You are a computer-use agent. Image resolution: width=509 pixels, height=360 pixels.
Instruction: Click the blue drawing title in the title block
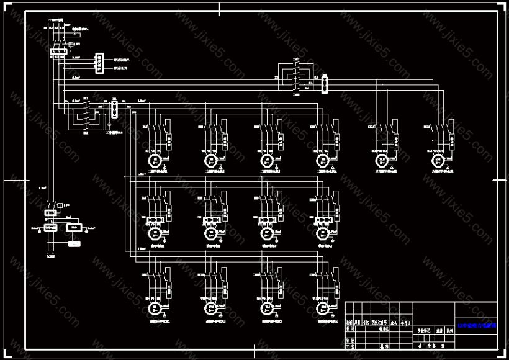pyautogui.click(x=477, y=325)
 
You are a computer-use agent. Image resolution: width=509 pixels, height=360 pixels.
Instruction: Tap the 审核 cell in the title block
pyautogui.click(x=349, y=341)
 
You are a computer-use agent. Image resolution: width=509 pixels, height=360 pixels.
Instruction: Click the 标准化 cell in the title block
pyautogui.click(x=385, y=330)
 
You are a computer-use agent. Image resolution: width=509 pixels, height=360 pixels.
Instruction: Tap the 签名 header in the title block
pyautogui.click(x=393, y=323)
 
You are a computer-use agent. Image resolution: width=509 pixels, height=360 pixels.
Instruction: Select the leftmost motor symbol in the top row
pyautogui.click(x=154, y=160)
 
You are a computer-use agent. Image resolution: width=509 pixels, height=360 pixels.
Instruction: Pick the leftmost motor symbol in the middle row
pyautogui.click(x=154, y=233)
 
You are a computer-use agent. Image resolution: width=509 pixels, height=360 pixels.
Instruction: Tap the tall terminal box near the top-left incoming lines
pyautogui.click(x=98, y=63)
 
